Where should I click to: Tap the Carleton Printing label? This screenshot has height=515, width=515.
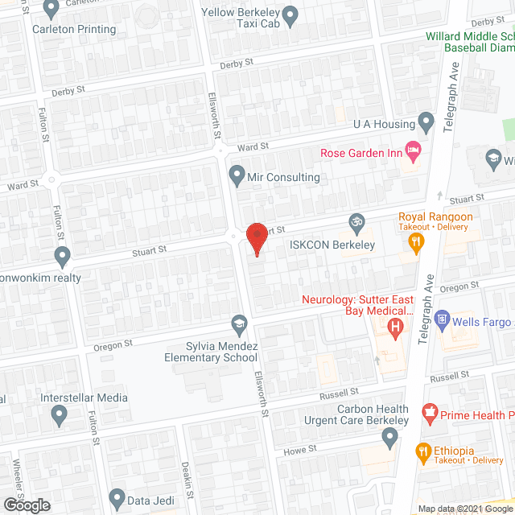click(x=74, y=29)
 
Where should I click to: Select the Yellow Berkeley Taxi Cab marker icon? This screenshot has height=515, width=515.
click(x=291, y=13)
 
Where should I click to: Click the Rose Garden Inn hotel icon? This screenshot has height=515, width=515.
click(x=414, y=150)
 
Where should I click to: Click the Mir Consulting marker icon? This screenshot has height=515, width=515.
click(x=237, y=174)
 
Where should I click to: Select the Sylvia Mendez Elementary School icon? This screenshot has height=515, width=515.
click(x=239, y=324)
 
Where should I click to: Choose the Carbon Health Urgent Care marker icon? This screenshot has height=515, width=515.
click(x=390, y=439)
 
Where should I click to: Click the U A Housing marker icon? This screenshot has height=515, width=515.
click(x=427, y=122)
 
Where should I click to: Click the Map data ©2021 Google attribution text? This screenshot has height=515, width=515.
click(x=464, y=509)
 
